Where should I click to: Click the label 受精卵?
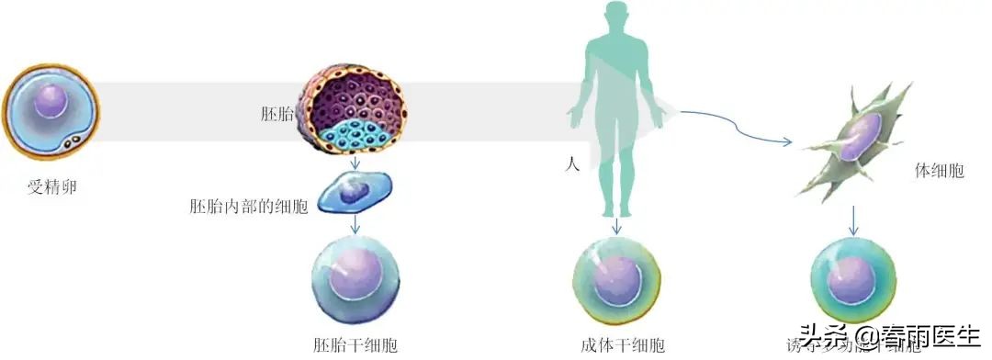pos(52,188)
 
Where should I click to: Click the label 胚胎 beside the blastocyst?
pos(276,115)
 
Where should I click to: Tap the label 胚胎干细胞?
pos(355,346)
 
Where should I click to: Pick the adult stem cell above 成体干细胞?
pos(616,280)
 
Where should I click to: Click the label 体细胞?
pos(939,171)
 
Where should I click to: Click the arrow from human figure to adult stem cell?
pos(616,224)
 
